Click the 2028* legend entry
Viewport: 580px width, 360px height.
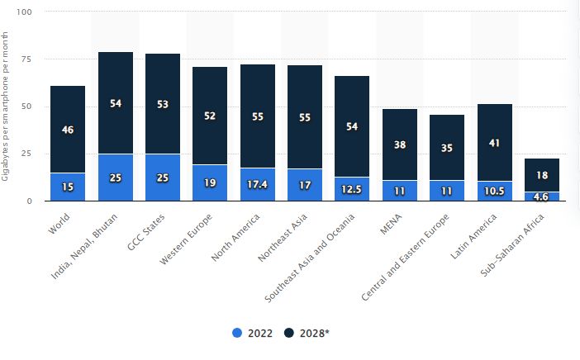(307, 333)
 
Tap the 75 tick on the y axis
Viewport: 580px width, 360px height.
(26, 59)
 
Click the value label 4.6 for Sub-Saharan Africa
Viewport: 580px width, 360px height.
(542, 197)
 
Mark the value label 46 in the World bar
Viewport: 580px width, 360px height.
(68, 130)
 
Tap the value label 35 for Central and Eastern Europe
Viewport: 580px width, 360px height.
(448, 149)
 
